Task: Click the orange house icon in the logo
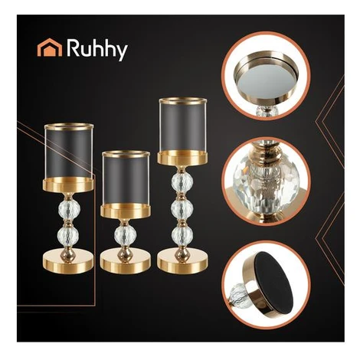50,47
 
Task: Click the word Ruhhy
97,50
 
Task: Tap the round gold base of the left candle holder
68,262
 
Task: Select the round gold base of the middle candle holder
126,262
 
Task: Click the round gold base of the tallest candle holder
182,262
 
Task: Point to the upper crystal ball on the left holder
69,209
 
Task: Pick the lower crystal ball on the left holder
68,236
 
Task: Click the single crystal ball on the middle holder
125,236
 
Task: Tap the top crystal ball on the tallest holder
182,182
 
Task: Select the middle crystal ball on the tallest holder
182,209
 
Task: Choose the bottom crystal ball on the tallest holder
182,236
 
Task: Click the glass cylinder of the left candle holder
69,152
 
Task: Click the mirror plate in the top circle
267,77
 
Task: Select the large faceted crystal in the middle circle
267,182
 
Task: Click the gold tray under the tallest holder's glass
183,158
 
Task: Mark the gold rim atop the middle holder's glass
126,154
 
